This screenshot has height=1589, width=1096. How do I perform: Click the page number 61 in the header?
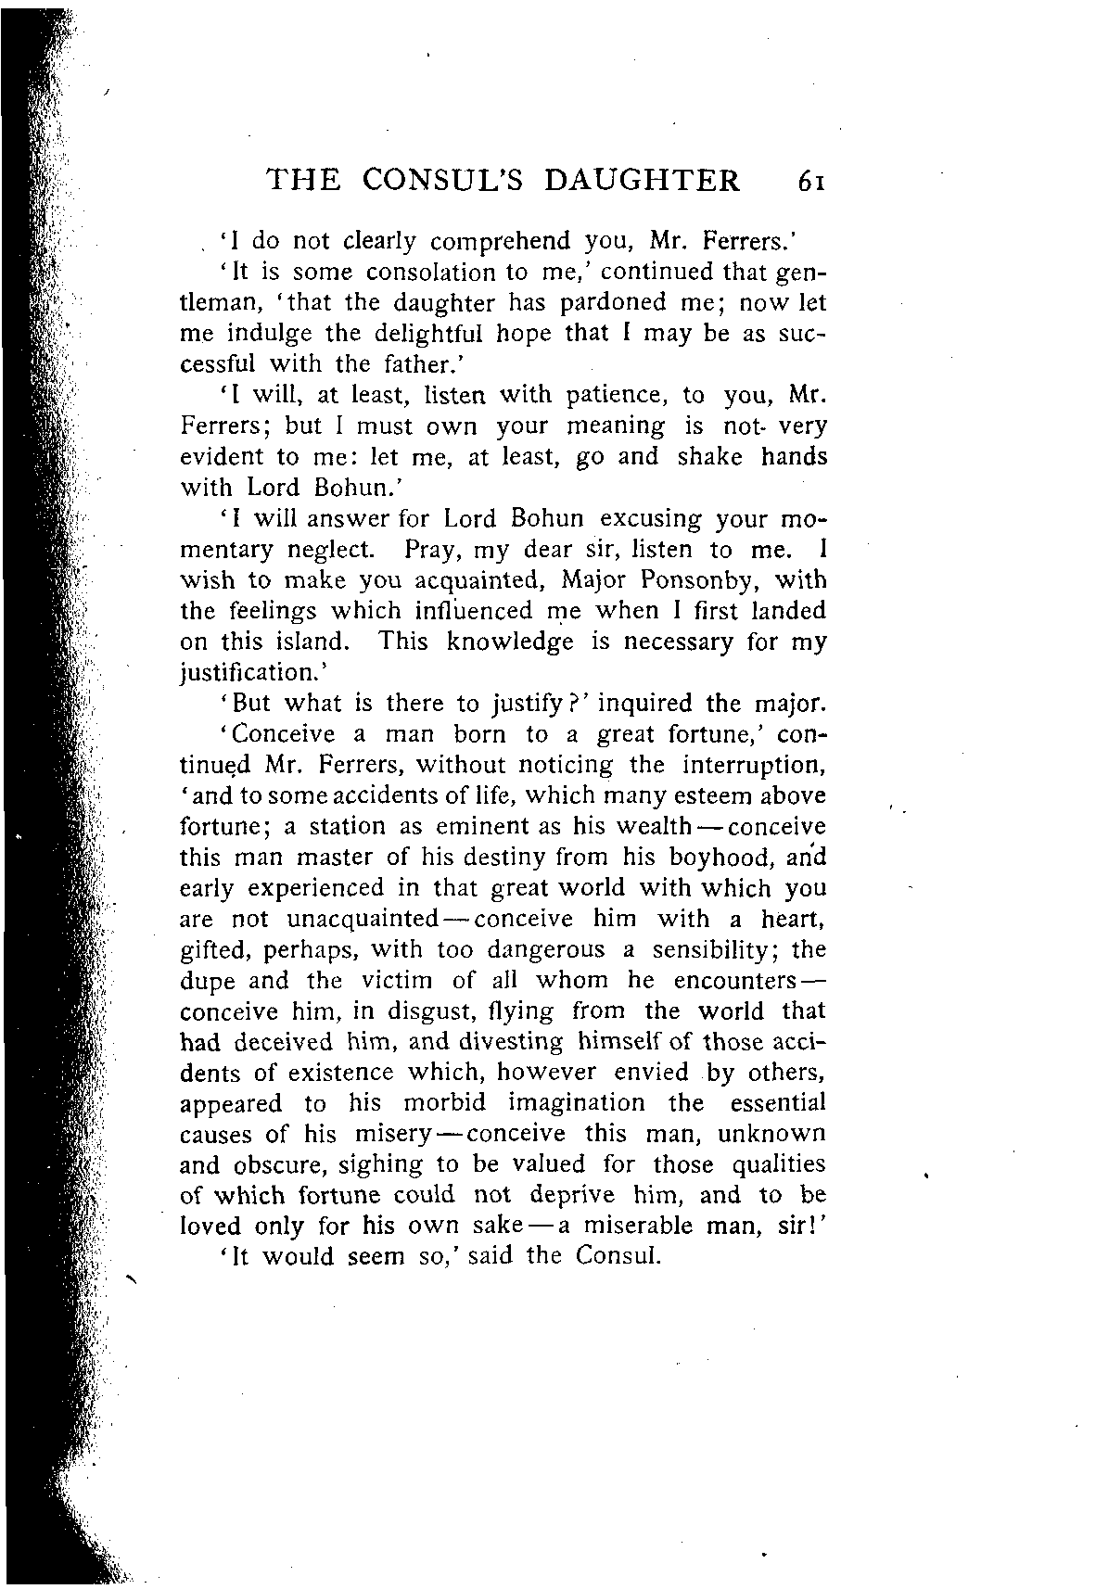coord(809,180)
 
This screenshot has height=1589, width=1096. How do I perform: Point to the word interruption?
coord(753,765)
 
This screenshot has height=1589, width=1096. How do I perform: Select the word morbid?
coord(444,1103)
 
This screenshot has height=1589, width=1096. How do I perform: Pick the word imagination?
coord(576,1103)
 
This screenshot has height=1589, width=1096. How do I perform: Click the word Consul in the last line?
coord(618,1257)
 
